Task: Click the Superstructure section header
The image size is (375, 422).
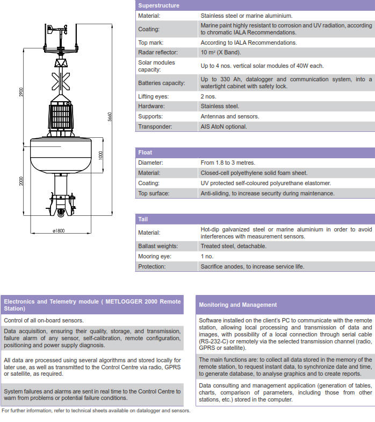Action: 159,5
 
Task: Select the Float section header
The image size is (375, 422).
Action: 145,152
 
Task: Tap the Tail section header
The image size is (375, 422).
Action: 143,219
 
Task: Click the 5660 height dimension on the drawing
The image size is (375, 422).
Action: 109,117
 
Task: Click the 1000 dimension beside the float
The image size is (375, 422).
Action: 100,154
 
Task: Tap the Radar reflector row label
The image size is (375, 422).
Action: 157,52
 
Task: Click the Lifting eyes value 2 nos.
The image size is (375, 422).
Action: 208,96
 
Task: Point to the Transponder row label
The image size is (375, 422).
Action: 155,126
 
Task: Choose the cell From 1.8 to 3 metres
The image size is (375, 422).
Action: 228,163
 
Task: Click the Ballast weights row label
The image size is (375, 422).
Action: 158,246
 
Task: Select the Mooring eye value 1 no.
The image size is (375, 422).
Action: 207,256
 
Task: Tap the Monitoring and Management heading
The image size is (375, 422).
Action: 237,305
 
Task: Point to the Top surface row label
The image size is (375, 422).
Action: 154,193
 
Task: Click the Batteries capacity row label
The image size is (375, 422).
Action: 161,83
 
